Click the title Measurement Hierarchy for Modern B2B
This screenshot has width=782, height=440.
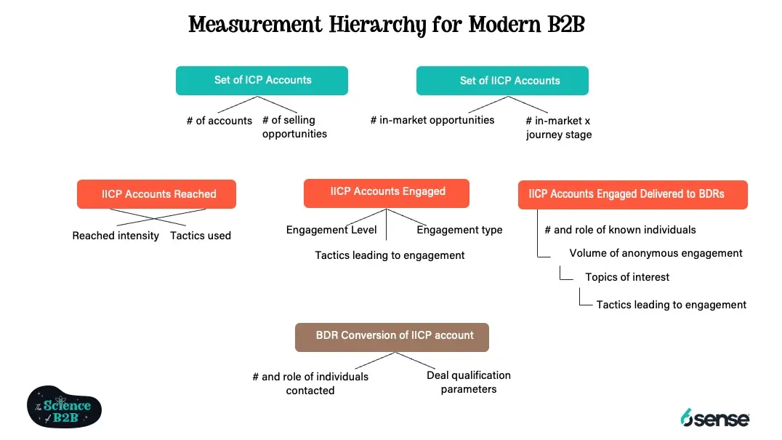386,25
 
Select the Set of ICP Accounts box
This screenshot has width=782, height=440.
262,81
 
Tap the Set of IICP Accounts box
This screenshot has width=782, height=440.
502,81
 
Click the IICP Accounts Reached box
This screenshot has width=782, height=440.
156,194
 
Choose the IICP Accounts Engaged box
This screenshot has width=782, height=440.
386,193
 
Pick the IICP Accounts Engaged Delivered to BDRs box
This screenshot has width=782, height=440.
632,194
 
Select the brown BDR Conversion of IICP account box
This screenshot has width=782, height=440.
392,337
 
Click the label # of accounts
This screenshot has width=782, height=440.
219,121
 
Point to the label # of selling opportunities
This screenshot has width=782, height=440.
294,127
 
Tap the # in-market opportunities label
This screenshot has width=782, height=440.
432,120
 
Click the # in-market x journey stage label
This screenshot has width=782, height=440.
558,128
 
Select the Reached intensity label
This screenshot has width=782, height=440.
116,236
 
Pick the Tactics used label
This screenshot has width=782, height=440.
201,236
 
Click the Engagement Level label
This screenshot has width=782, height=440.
331,230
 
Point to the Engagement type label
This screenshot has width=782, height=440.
459,230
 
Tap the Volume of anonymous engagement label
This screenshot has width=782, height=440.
656,253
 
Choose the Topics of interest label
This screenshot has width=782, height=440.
627,277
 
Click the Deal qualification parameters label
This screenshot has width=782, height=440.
468,383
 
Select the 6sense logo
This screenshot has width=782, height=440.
714,417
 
